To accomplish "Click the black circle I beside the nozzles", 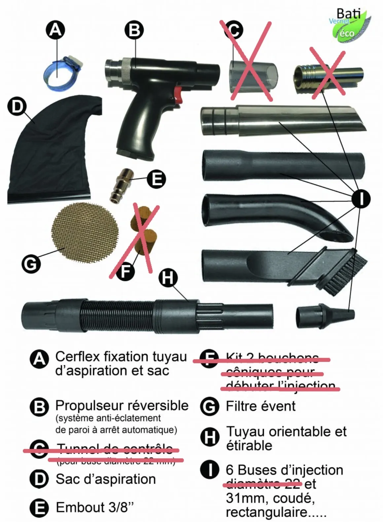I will (x=361, y=199).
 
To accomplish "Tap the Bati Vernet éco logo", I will (x=350, y=25).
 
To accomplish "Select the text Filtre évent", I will (x=261, y=406).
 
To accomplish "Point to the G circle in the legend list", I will (x=209, y=406).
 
